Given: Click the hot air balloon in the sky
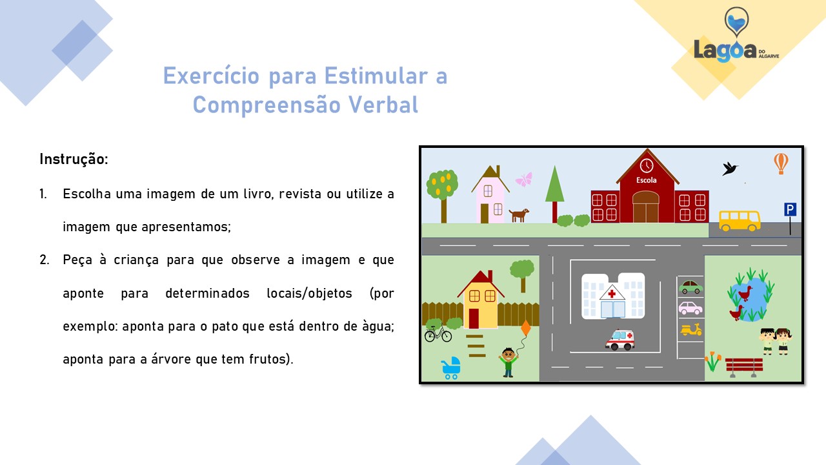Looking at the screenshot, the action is point(781,163).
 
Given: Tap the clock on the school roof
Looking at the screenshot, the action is point(647,166).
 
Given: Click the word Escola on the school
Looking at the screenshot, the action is point(647,180).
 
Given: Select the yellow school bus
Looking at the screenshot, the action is point(740,221).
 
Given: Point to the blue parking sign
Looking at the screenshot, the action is point(790,210).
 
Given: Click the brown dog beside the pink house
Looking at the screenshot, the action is point(519,215).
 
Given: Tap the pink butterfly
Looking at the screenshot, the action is point(524,180).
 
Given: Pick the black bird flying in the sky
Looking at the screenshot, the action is point(730,169).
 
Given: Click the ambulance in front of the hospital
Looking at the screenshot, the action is point(620,340).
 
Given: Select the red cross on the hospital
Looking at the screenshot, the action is point(612,294).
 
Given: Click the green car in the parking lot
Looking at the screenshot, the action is point(690,287).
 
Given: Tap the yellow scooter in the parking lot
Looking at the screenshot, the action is point(691,329).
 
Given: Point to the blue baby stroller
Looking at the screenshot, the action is point(451,367).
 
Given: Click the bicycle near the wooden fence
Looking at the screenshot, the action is point(438,334).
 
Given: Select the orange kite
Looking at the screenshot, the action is point(526,327).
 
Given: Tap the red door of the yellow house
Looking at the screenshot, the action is point(474,318).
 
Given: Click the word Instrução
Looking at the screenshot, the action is point(74,160).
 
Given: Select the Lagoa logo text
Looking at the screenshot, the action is point(725,51).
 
